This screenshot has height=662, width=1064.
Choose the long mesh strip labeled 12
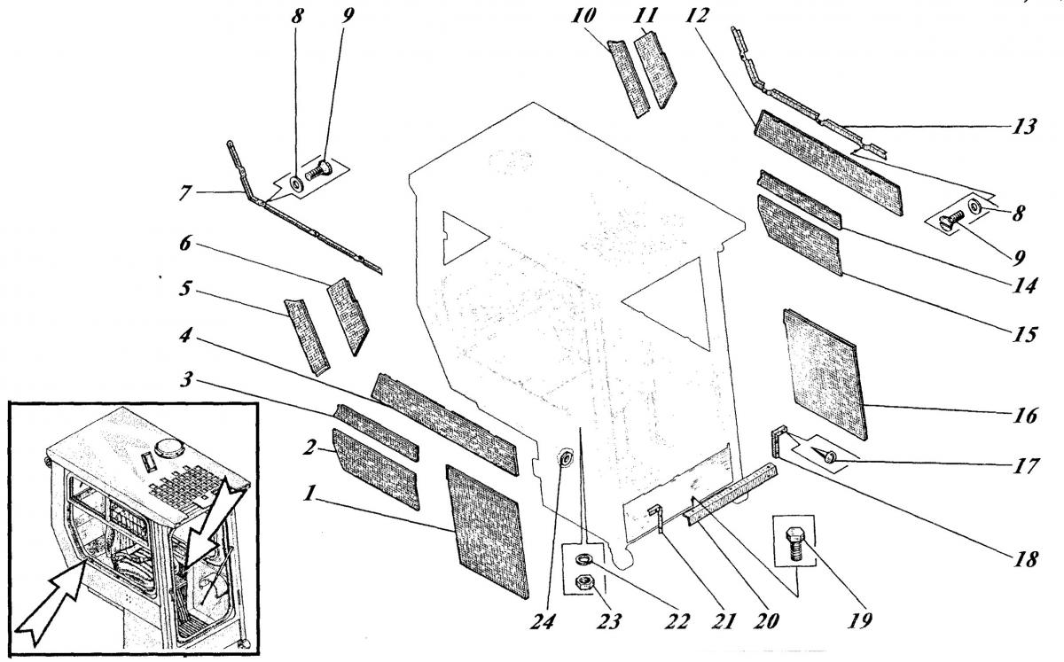point(827,166)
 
